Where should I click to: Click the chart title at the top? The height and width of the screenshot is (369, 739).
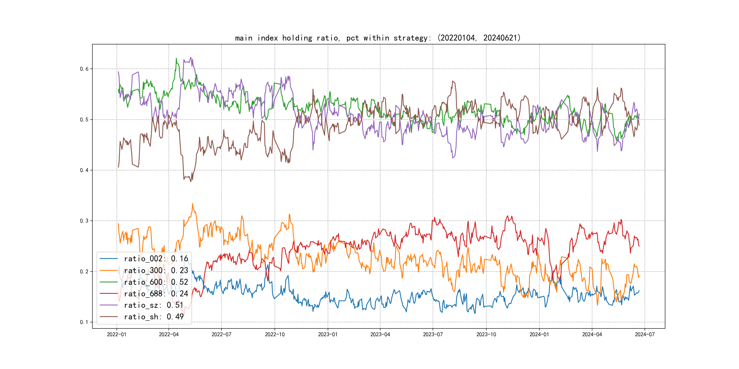point(378,38)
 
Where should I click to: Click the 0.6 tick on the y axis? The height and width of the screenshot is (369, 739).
point(84,69)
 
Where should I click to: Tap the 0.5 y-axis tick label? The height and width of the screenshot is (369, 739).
point(84,119)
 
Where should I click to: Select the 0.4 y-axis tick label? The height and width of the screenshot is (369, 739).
point(84,170)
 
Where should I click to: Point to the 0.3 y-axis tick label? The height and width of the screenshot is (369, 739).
point(84,221)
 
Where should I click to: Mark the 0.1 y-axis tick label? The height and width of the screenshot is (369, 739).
point(84,322)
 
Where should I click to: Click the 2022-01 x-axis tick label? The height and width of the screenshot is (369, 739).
point(117,334)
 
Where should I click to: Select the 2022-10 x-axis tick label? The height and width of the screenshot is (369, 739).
point(275,334)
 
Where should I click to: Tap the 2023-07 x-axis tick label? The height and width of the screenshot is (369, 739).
point(433,334)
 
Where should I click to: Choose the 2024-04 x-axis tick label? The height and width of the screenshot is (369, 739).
point(592,334)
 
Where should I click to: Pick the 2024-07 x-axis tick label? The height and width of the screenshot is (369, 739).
point(645,334)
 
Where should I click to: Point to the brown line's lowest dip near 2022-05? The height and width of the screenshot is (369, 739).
point(191,182)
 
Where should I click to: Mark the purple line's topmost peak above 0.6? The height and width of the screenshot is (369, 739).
point(191,57)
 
